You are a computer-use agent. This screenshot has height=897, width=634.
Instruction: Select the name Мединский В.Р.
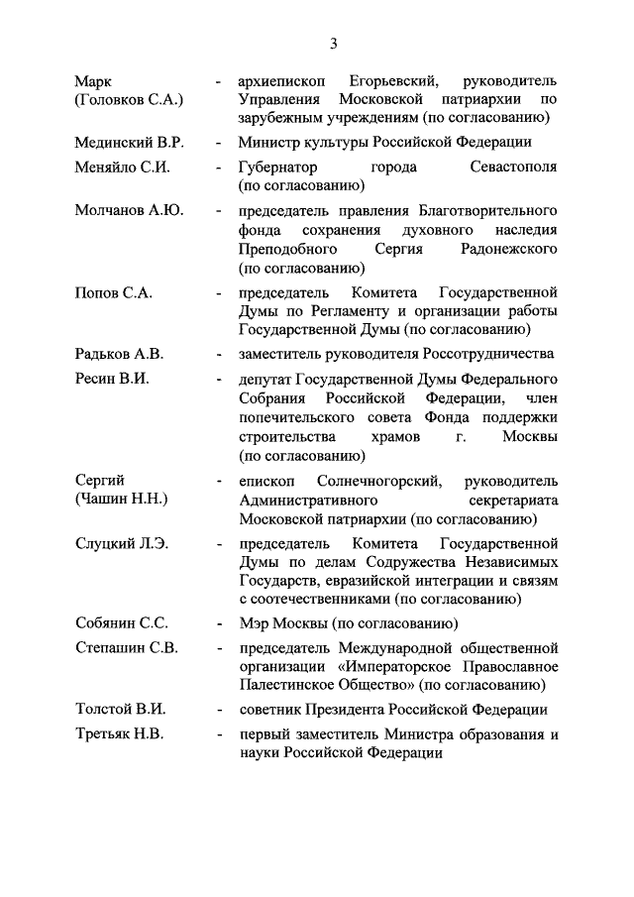pyautogui.click(x=128, y=142)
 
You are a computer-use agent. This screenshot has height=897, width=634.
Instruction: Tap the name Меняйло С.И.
pyautogui.click(x=122, y=167)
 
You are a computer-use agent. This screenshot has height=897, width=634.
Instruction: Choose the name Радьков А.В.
pyautogui.click(x=120, y=354)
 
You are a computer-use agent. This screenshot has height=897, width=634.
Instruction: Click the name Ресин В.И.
pyautogui.click(x=112, y=379)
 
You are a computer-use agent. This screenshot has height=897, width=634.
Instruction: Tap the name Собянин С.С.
pyautogui.click(x=122, y=623)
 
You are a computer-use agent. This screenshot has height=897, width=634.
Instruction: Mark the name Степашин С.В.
pyautogui.click(x=126, y=647)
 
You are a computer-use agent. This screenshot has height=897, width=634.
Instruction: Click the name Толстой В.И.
pyautogui.click(x=120, y=709)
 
